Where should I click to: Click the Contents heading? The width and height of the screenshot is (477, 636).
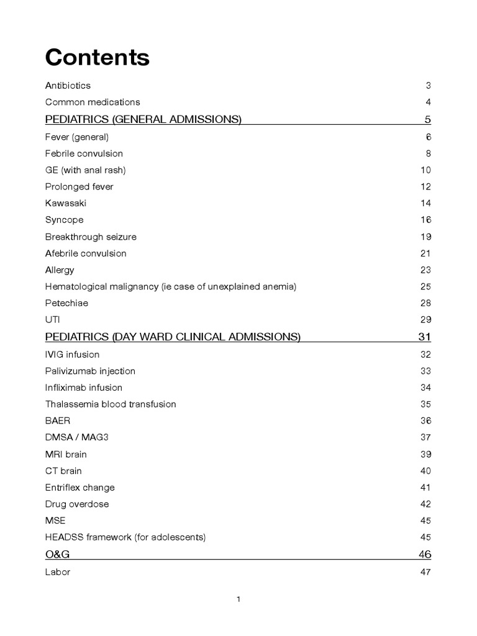97,57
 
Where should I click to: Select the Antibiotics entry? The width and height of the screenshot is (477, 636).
68,85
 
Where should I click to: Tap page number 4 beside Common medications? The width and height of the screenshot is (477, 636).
428,102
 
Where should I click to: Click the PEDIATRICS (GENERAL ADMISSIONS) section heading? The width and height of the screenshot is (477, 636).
143,119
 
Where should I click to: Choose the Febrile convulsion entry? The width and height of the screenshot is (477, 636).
84,153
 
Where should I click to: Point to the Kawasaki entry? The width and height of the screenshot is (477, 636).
64,203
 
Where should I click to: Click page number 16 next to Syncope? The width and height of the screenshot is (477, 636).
425,220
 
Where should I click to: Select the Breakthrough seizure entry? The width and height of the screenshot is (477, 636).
91,237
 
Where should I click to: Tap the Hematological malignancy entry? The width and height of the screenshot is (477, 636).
171,286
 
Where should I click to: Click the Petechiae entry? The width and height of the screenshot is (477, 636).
66,303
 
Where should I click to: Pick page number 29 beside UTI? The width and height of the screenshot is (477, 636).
425,320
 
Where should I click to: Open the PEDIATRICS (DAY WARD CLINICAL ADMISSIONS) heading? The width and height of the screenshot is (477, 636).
173,337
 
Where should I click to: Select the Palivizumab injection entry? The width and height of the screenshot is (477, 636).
90,371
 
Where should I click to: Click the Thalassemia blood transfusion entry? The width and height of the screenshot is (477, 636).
111,404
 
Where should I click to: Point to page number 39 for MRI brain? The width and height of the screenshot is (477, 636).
425,454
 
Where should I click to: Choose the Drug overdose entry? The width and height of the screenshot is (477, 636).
77,504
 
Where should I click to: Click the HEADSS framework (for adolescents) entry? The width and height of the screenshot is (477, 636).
125,537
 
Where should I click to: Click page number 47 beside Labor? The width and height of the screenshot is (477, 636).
425,572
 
